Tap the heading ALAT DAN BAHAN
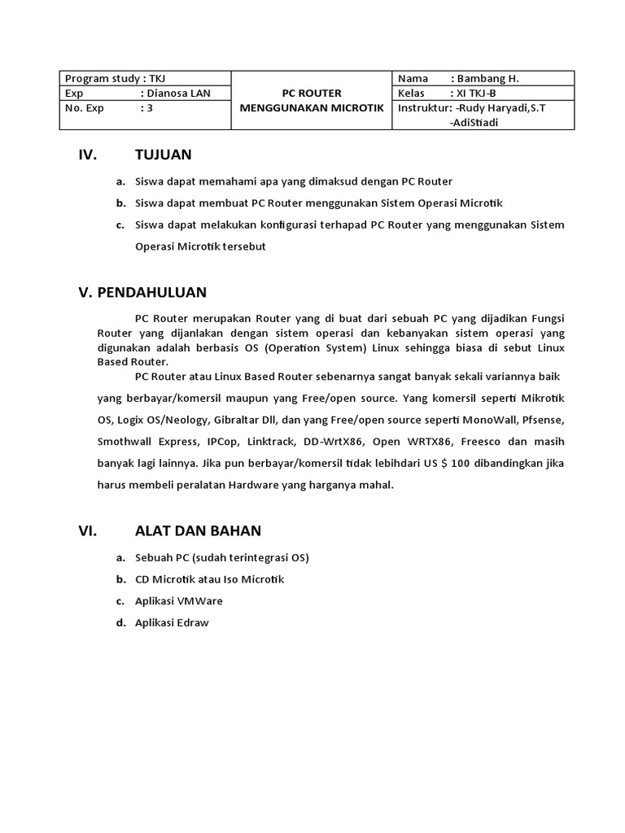tap(198, 531)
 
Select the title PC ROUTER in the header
tap(311, 93)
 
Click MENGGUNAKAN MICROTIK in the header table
tap(311, 108)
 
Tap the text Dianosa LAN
tap(178, 93)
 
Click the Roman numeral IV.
tap(88, 155)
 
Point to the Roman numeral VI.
tap(88, 531)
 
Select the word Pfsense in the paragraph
tap(542, 420)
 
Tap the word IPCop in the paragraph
tap(223, 441)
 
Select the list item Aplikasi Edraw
tap(172, 623)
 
